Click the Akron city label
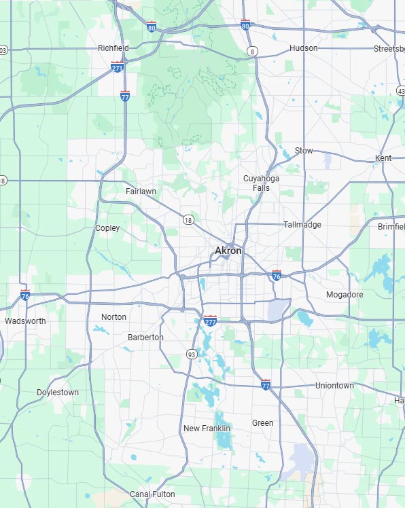point(228,251)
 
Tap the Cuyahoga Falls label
point(256,183)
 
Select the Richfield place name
point(113,48)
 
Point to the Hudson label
point(303,48)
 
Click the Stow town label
point(304,151)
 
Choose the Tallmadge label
point(302,225)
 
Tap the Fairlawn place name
point(141,192)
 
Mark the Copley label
point(107,228)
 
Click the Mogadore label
point(345,295)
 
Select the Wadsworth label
point(25,321)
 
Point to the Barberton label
point(145,338)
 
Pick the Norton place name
point(113,317)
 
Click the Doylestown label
point(58,393)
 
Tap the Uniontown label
point(334,386)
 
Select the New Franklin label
point(207,429)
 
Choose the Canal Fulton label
point(152,494)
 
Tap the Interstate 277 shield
point(211,320)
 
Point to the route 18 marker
point(188,219)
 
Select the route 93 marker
point(192,355)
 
